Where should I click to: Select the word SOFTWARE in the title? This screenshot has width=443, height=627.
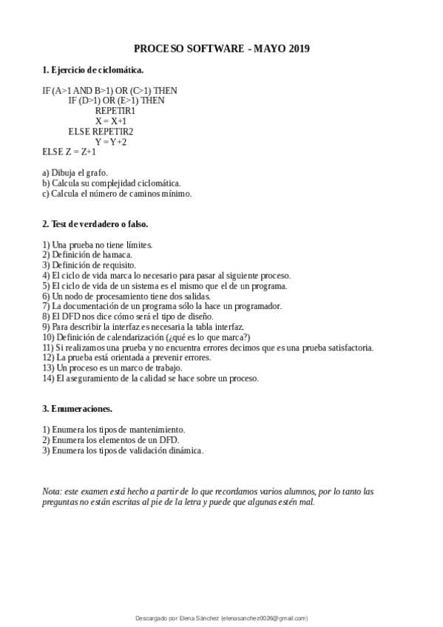click(x=211, y=49)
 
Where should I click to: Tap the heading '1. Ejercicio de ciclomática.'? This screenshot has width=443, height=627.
click(x=92, y=70)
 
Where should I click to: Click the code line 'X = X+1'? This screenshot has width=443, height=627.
click(x=111, y=121)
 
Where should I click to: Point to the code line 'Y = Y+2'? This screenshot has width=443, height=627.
click(x=111, y=141)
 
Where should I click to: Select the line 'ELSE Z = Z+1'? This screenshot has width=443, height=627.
click(x=70, y=152)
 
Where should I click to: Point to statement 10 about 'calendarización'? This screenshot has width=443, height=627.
click(x=146, y=337)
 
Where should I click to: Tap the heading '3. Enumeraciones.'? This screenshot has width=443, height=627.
click(x=77, y=408)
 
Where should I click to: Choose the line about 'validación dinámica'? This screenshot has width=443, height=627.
click(x=123, y=450)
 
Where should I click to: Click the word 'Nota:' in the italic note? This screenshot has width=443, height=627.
click(x=53, y=491)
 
